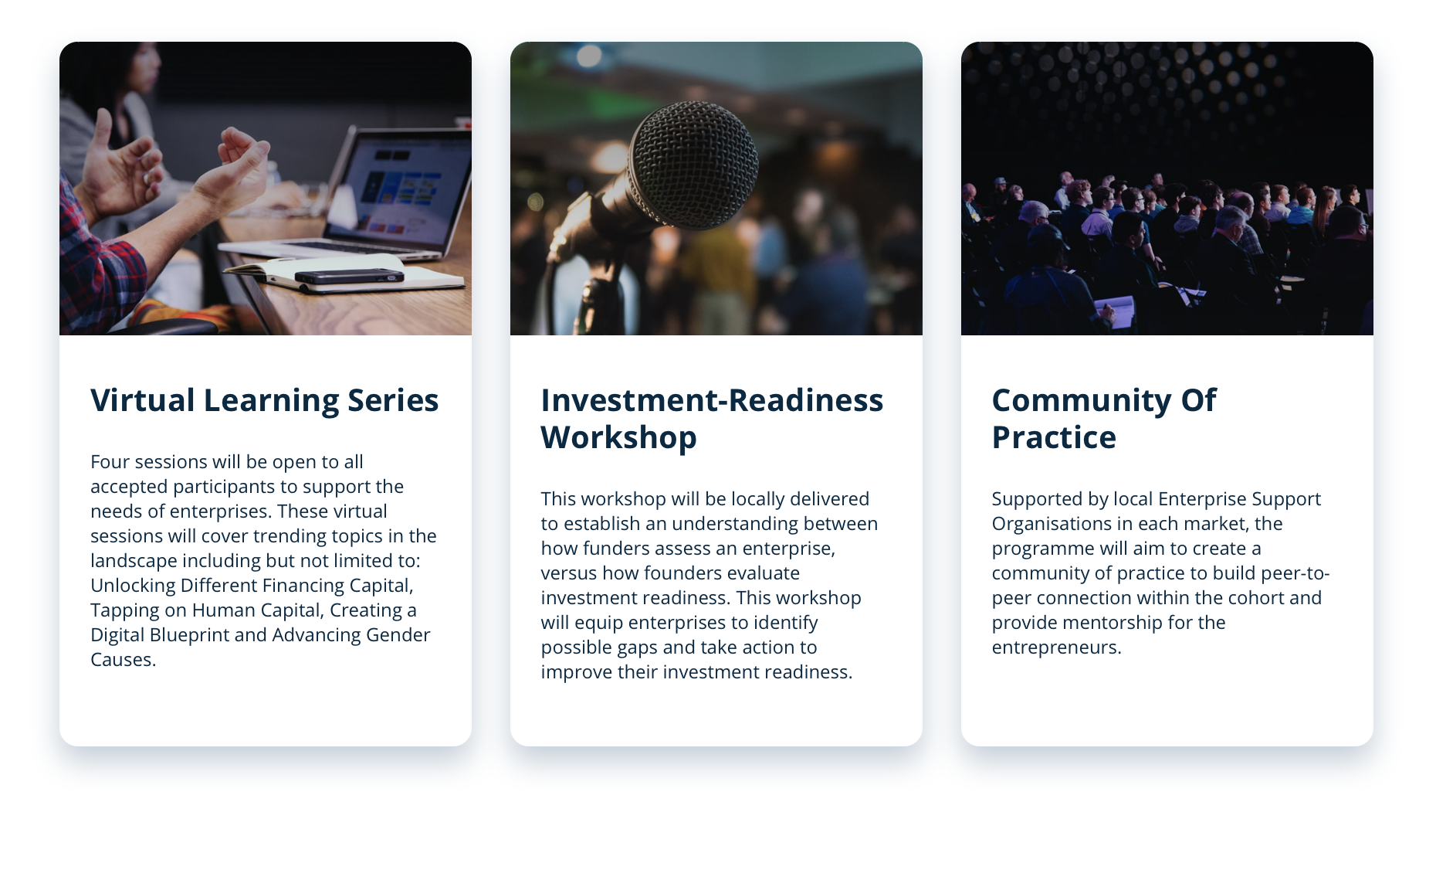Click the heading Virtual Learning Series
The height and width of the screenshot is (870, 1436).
click(265, 401)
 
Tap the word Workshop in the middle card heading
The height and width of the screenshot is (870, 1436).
click(619, 438)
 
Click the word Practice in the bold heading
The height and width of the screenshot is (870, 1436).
click(1054, 437)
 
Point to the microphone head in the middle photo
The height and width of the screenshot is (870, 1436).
click(693, 164)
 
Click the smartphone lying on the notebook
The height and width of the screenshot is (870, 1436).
click(349, 276)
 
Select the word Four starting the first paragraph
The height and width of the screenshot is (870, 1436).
click(110, 461)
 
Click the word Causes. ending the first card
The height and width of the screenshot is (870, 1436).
click(124, 659)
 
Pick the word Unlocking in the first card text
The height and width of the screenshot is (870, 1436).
click(133, 586)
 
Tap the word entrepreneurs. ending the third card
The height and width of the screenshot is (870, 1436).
click(1057, 647)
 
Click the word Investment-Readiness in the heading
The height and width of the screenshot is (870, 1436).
click(712, 401)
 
